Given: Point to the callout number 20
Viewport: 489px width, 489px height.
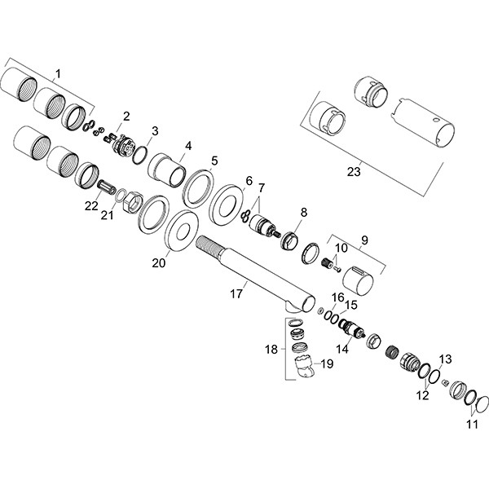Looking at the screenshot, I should click(159, 263).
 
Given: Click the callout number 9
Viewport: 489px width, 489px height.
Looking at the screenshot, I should click(364, 240).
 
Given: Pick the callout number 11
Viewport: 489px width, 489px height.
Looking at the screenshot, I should click(472, 423).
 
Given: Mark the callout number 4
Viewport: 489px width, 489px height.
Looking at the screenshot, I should click(188, 146).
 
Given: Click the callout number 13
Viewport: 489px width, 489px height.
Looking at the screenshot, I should click(445, 359).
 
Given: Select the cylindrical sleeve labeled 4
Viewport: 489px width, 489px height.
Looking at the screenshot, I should click(167, 171).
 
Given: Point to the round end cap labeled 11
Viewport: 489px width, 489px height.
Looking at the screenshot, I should click(480, 403).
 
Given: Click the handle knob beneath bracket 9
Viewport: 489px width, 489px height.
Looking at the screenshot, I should click(358, 277).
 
